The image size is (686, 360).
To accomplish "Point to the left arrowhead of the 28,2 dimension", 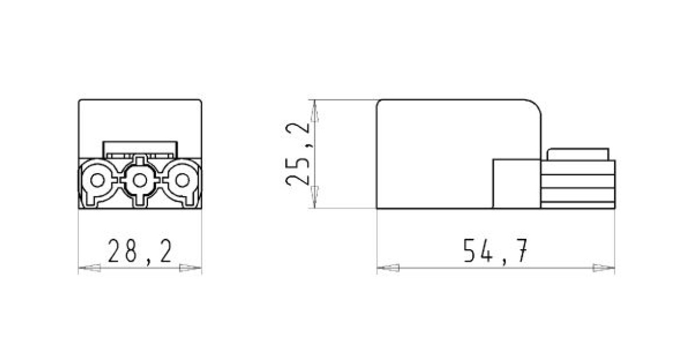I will point(89,267).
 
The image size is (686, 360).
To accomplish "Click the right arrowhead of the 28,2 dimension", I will point(191,267).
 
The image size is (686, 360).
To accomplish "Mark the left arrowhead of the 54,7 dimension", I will point(388,267).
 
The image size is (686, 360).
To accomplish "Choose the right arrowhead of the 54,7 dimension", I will point(604,267).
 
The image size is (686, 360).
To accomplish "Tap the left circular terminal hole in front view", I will point(98,181).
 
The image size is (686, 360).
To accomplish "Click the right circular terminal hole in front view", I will point(182,181).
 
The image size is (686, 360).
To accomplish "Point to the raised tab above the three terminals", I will point(139,149).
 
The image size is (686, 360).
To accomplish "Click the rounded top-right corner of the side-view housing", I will point(534,107).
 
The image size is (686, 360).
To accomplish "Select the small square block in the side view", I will point(516,183).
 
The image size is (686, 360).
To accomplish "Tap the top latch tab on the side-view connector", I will point(577,154).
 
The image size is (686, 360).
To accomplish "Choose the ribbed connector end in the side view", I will point(577,185).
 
